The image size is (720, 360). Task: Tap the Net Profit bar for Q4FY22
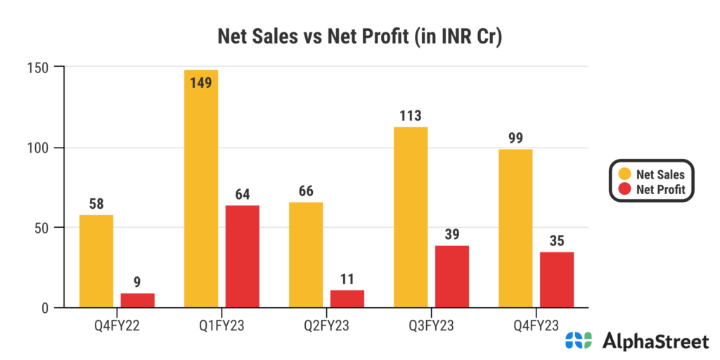pyautogui.click(x=138, y=300)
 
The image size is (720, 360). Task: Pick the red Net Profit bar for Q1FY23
pyautogui.click(x=243, y=256)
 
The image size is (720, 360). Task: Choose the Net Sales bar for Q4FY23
pyautogui.click(x=515, y=228)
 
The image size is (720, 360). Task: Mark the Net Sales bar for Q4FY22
pyautogui.click(x=96, y=261)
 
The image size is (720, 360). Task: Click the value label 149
pyautogui.click(x=200, y=83)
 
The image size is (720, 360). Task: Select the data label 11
pyautogui.click(x=347, y=278)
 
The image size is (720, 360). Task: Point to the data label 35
pyautogui.click(x=557, y=240)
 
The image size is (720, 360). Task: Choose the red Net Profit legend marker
pyautogui.click(x=624, y=189)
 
